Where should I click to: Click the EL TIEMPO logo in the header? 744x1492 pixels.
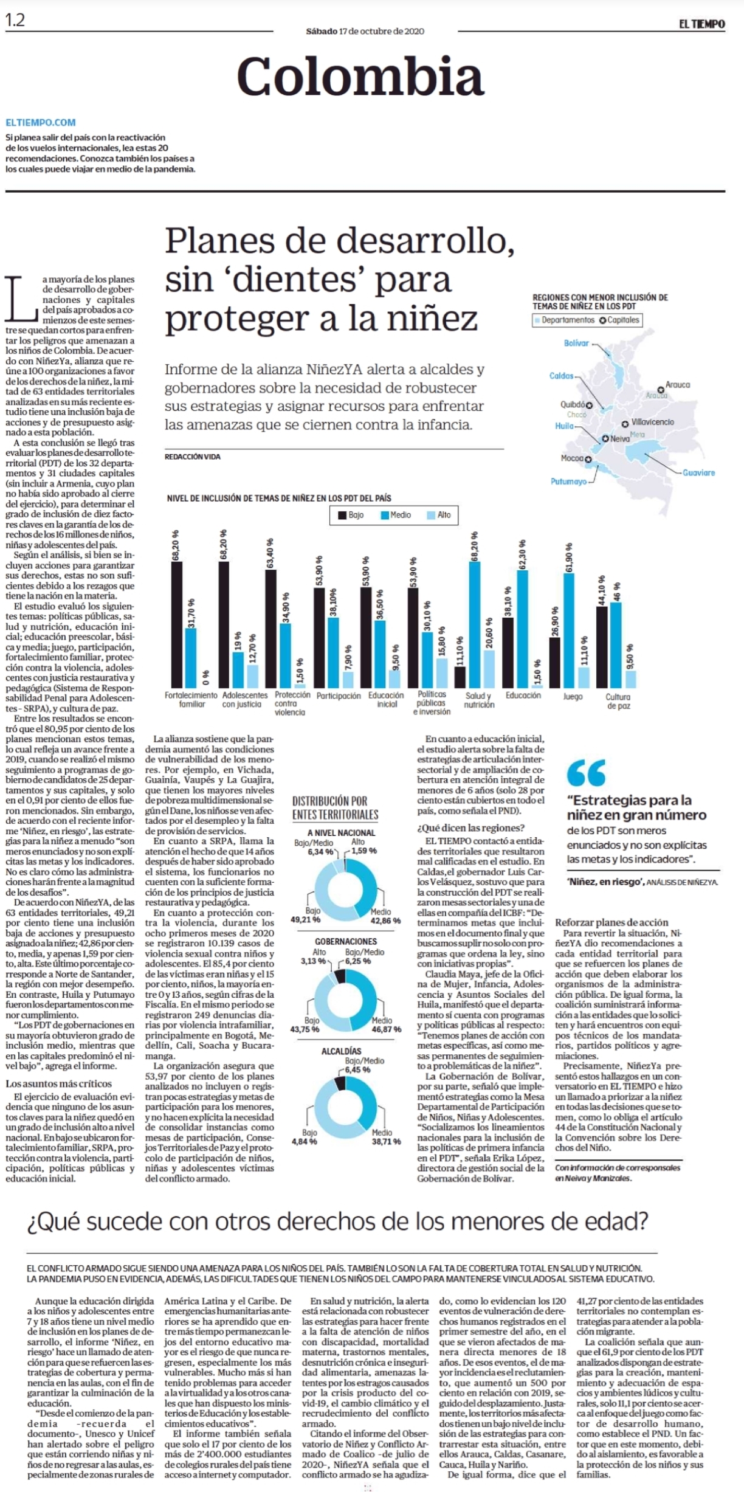702,24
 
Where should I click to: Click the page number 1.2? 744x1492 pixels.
15,20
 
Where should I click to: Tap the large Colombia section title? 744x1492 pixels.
360,77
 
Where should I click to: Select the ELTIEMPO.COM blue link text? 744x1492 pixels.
41,123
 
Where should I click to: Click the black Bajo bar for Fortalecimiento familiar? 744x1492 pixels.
177,624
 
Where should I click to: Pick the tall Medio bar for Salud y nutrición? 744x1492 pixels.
475,624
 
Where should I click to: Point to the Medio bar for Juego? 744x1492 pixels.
569,630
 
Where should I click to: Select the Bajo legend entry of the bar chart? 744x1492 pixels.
351,515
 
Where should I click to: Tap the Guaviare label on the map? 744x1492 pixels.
698,472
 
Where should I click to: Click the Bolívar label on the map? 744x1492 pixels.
576,343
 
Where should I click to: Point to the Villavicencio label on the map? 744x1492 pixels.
652,421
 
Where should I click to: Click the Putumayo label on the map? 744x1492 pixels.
568,482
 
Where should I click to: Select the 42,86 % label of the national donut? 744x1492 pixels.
385,920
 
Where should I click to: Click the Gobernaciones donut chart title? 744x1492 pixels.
346,941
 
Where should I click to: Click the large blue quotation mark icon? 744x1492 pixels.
586,773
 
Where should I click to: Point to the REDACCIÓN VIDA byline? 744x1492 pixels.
193,457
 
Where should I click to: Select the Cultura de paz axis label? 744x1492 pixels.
618,701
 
